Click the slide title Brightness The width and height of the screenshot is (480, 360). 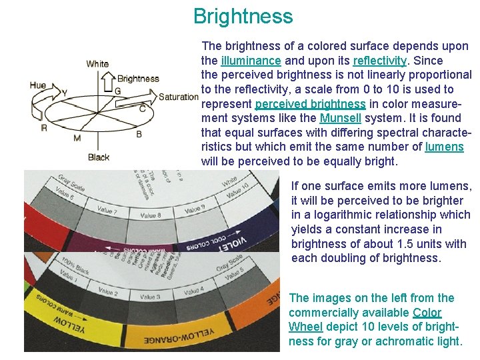243,16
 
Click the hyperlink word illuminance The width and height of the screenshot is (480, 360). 250,61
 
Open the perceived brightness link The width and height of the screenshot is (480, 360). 310,104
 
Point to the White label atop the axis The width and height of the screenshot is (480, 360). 97,64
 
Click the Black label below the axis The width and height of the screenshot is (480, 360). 99,157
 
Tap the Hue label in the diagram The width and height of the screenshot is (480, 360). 38,85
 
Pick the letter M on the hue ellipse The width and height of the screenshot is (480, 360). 77,138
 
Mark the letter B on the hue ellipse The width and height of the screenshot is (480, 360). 139,134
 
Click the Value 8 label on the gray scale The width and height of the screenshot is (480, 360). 151,215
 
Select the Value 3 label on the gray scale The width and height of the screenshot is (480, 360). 149,296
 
